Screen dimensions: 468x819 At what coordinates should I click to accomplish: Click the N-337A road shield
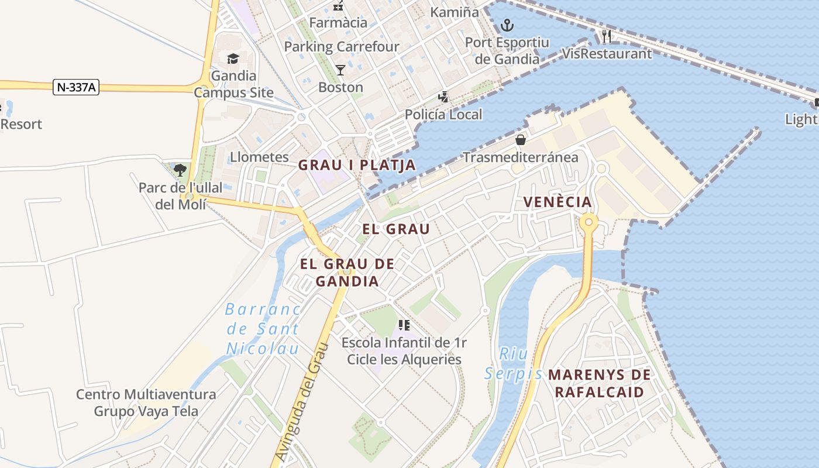click(76, 87)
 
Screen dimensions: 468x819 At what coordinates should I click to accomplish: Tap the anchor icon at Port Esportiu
click(507, 25)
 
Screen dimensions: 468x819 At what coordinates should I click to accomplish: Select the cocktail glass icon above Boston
click(340, 70)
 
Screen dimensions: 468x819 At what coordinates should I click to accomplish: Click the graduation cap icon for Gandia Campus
click(233, 58)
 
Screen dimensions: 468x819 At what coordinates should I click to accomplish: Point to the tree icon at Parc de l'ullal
click(180, 170)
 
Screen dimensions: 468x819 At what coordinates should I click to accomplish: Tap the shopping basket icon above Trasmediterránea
click(520, 140)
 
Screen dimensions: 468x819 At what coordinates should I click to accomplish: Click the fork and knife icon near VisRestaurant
click(606, 37)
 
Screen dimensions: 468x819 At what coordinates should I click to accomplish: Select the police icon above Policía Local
click(444, 97)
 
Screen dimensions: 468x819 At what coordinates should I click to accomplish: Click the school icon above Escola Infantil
click(404, 325)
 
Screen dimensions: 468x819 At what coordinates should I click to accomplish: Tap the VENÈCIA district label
click(558, 202)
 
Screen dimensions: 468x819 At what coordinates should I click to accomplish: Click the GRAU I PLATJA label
click(357, 165)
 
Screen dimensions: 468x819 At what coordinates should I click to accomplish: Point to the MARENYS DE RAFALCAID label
click(600, 383)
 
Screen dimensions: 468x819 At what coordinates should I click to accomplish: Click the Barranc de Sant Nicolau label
click(263, 329)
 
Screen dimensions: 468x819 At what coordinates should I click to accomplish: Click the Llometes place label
click(259, 157)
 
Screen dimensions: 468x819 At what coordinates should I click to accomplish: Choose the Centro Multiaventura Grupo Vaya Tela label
click(146, 402)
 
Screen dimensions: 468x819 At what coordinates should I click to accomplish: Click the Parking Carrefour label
click(342, 46)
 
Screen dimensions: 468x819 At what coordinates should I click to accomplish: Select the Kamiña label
click(454, 12)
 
